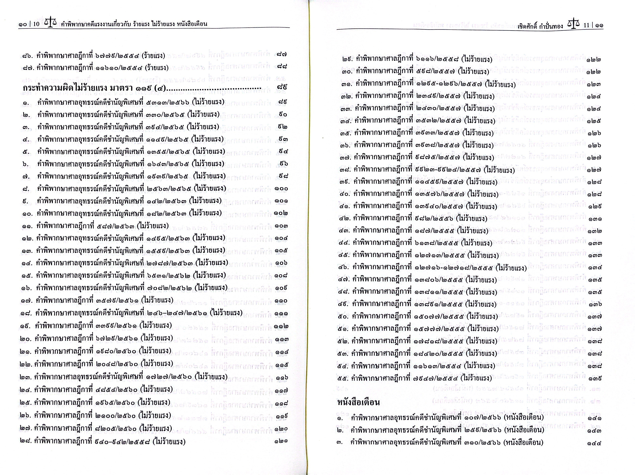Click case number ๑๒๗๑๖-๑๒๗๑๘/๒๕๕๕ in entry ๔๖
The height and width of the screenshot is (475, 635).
point(455,268)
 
